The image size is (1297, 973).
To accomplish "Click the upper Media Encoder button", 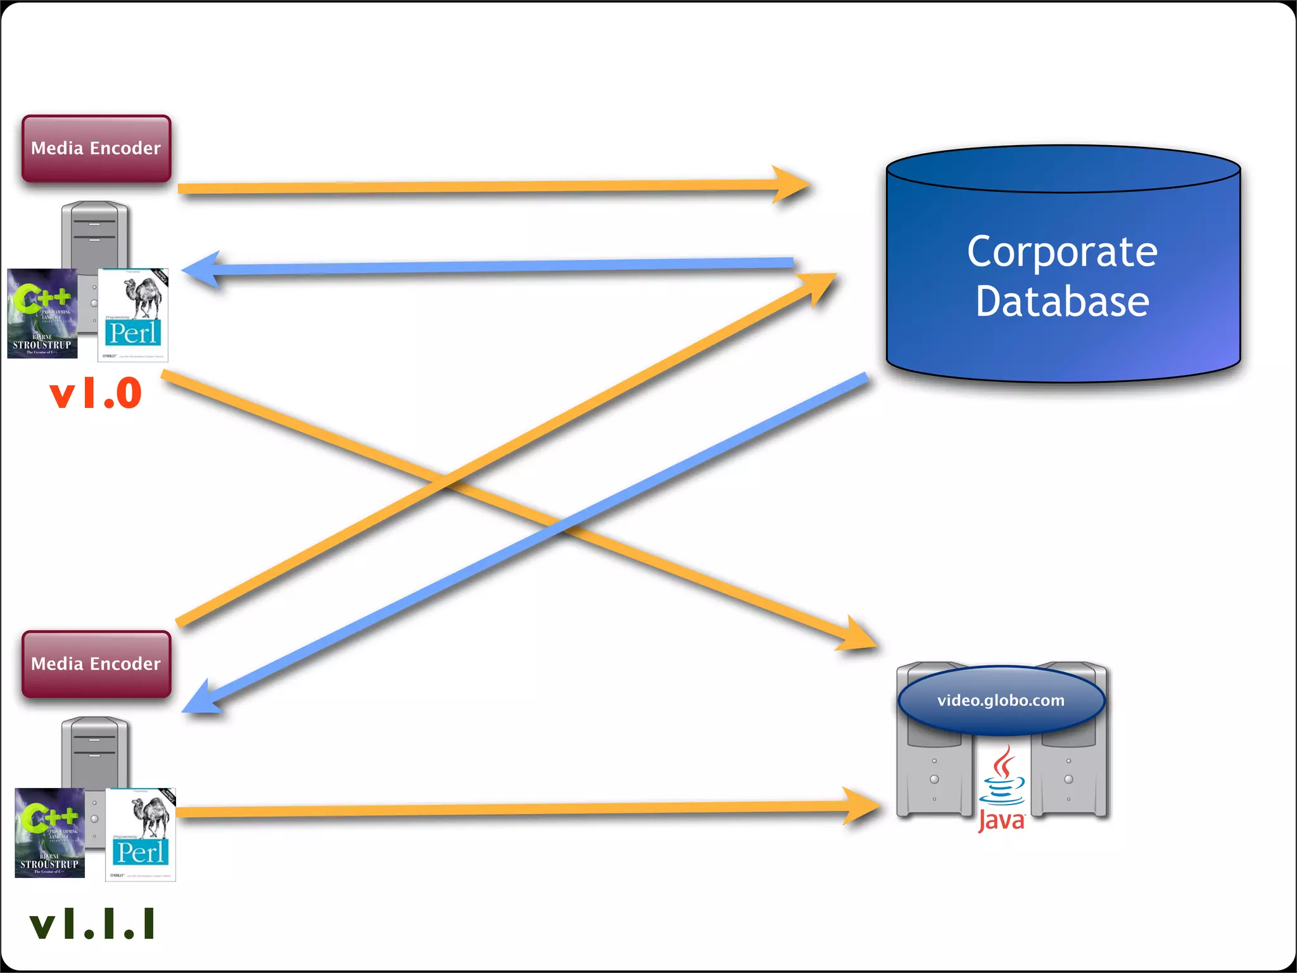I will pos(96,148).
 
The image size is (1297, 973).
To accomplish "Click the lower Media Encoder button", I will pos(96,664).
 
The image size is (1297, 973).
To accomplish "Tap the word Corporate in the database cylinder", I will pos(1062,252).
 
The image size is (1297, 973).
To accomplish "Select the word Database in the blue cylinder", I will pos(1062,302).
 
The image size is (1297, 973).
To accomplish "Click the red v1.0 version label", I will pos(96,393).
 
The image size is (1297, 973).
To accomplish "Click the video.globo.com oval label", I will pos(1001,700).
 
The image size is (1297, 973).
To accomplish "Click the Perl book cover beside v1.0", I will pos(133,315).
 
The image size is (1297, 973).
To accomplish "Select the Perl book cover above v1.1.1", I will pos(141,835).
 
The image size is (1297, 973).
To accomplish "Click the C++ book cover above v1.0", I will pos(42,314).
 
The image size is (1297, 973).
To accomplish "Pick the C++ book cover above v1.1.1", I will pos(49,832).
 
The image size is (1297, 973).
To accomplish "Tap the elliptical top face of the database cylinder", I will pos(1063,169).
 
